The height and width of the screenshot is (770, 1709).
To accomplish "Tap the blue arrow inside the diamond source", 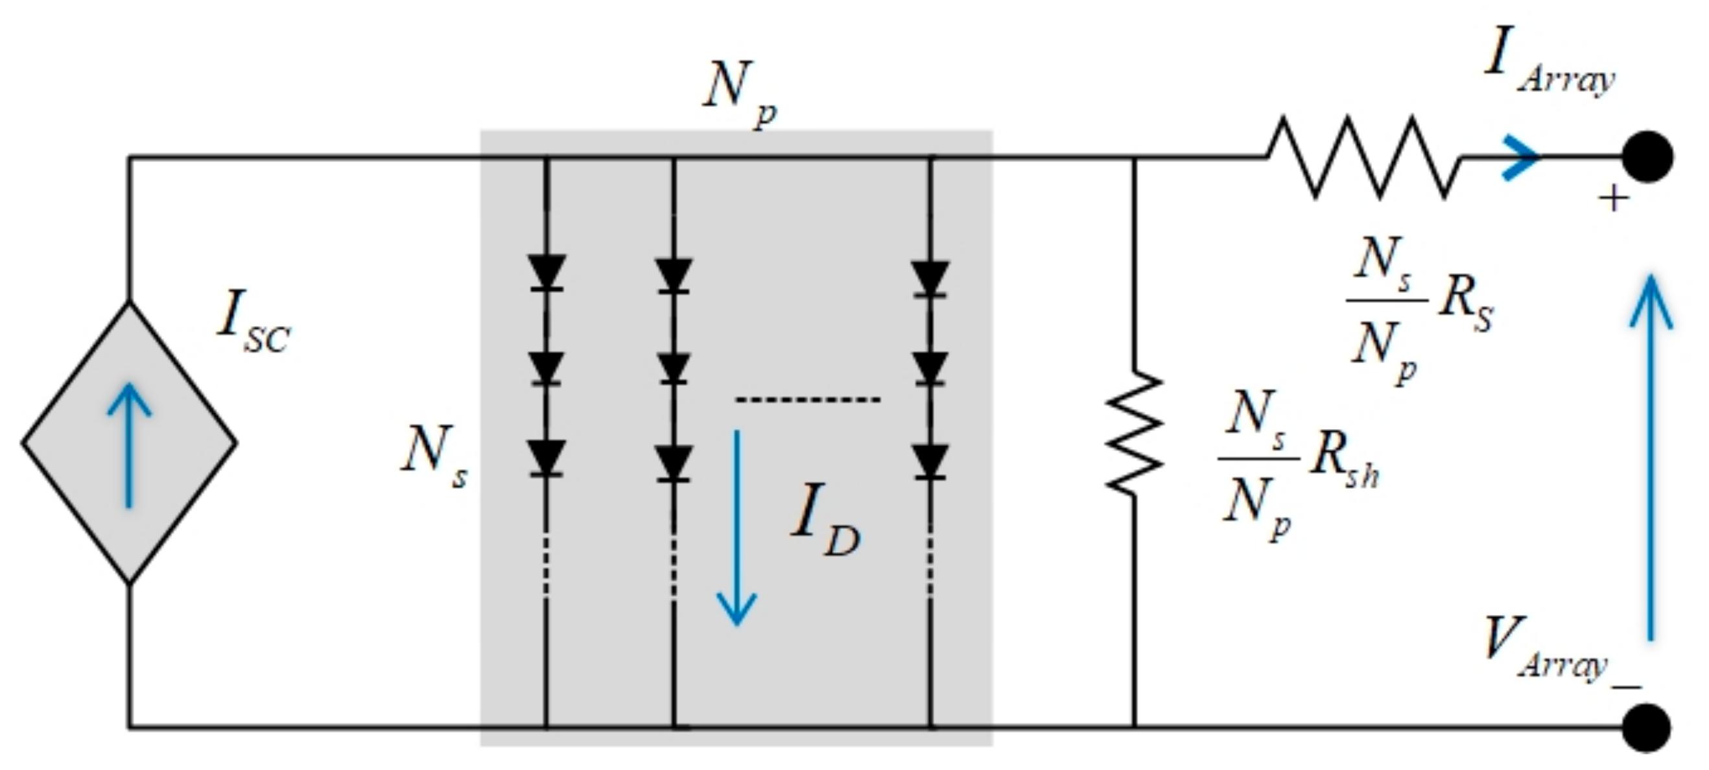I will [130, 445].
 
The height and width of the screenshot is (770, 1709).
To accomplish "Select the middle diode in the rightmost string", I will [930, 369].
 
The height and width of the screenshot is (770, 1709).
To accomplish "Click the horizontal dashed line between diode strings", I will [807, 400].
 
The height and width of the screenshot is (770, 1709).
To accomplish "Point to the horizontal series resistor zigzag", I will [1363, 157].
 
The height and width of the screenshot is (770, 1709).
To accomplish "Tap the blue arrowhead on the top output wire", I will [1520, 158].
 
